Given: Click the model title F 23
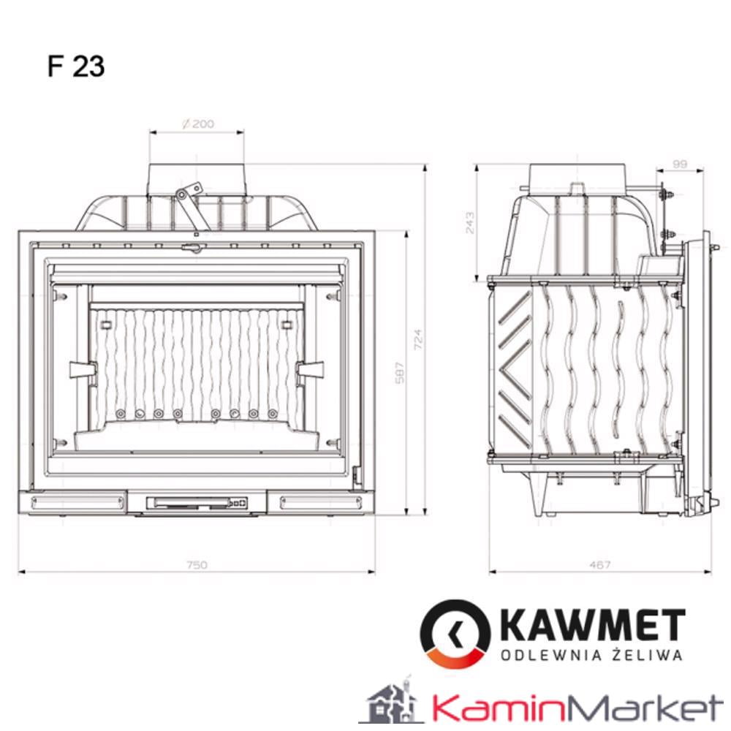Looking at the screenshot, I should (76, 67).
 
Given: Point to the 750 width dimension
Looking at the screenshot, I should (197, 564).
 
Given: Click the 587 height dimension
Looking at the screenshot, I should (399, 373).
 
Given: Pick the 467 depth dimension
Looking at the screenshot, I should (599, 564).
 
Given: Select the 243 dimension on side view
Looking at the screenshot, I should (469, 221).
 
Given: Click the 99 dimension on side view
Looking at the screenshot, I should (679, 164).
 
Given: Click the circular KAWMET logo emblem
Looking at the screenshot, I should (455, 633).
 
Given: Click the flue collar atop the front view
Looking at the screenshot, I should (197, 178).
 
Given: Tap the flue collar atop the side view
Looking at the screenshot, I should (577, 175).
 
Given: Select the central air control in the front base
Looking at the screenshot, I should (197, 503).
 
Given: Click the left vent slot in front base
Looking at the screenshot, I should (72, 502).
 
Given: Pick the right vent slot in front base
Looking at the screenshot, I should (321, 502).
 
